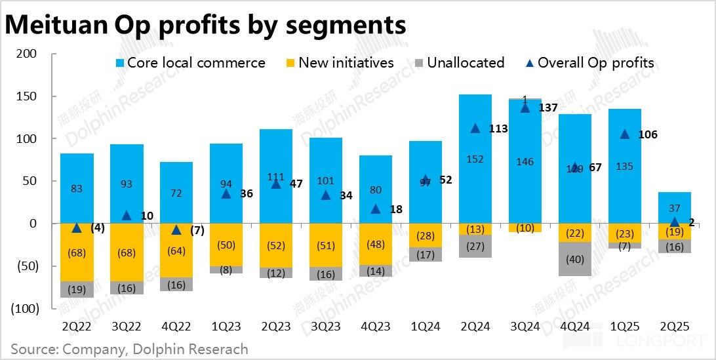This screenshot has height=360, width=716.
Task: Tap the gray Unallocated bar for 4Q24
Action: click(x=574, y=259)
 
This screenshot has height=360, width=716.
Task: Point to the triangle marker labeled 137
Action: click(x=525, y=107)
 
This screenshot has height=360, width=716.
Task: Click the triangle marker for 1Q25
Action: click(x=624, y=134)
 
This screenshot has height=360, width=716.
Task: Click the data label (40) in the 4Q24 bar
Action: click(x=574, y=259)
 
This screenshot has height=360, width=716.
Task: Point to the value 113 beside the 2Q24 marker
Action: click(x=499, y=129)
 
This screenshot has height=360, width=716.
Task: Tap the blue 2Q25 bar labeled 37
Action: click(x=674, y=208)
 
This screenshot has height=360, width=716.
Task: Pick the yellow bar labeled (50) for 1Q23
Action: click(x=226, y=245)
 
